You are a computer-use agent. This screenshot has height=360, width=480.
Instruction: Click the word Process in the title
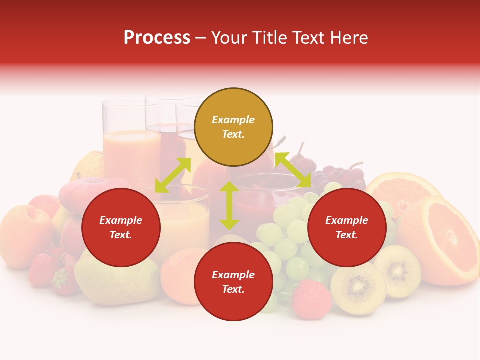point(157,38)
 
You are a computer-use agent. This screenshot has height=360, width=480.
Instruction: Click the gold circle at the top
point(233,127)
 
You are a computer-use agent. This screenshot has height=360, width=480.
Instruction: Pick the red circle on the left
point(121,227)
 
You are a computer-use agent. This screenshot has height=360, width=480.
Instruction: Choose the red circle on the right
point(347,227)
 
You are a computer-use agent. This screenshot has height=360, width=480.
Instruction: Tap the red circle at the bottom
point(233,282)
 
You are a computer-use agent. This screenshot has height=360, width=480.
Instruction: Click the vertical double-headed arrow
point(229,205)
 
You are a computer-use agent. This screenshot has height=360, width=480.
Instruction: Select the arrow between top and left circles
point(173,175)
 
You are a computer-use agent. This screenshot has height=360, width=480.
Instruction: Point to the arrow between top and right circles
point(293,170)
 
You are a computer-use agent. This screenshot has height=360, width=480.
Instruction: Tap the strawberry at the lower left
point(44,270)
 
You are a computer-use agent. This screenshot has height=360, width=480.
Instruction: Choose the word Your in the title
point(229,38)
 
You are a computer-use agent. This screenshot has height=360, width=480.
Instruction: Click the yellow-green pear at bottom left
point(117,280)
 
